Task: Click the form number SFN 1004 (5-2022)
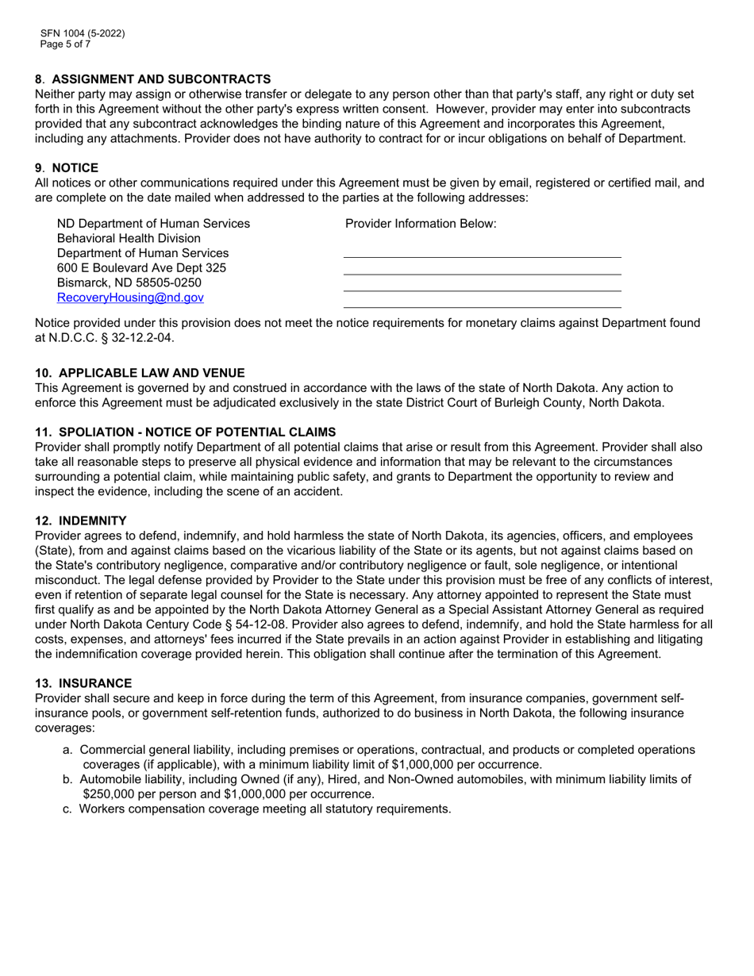83,33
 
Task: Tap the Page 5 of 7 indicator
65,44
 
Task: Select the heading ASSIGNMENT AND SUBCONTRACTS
161,79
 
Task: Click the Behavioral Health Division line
129,238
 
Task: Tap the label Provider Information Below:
421,224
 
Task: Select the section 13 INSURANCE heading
83,683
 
